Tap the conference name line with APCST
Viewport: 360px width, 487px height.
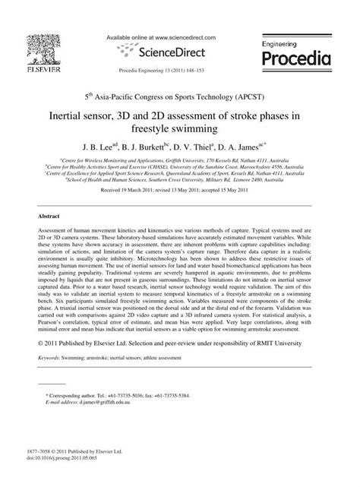pyautogui.click(x=180, y=99)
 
